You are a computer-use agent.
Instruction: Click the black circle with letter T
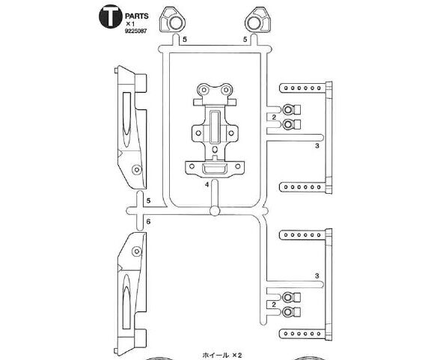pyautogui.click(x=111, y=16)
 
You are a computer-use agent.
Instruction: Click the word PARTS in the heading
pyautogui.click(x=137, y=16)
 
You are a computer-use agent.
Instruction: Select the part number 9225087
pyautogui.click(x=136, y=31)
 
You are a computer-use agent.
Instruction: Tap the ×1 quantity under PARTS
pyautogui.click(x=130, y=24)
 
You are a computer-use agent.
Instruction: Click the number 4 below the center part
pyautogui.click(x=207, y=185)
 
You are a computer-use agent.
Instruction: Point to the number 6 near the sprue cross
pyautogui.click(x=148, y=222)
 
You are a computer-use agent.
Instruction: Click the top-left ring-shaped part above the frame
pyautogui.click(x=173, y=20)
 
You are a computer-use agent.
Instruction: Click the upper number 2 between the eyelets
pyautogui.click(x=274, y=118)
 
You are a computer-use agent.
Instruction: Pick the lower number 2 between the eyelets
pyautogui.click(x=274, y=305)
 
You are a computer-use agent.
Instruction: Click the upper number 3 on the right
pyautogui.click(x=317, y=146)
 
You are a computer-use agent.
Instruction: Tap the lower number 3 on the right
pyautogui.click(x=317, y=276)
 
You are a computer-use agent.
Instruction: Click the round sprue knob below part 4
pyautogui.click(x=214, y=211)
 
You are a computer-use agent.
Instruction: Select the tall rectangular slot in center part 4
pyautogui.click(x=215, y=126)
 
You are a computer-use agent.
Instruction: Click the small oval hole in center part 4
pyautogui.click(x=216, y=149)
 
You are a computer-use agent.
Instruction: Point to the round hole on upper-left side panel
pyautogui.click(x=137, y=169)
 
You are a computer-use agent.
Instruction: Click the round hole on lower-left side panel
pyautogui.click(x=137, y=251)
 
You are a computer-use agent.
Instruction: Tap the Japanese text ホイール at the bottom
pyautogui.click(x=216, y=356)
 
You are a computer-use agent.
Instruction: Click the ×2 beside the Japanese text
pyautogui.click(x=237, y=356)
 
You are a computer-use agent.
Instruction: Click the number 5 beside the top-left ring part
pyautogui.click(x=184, y=40)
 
